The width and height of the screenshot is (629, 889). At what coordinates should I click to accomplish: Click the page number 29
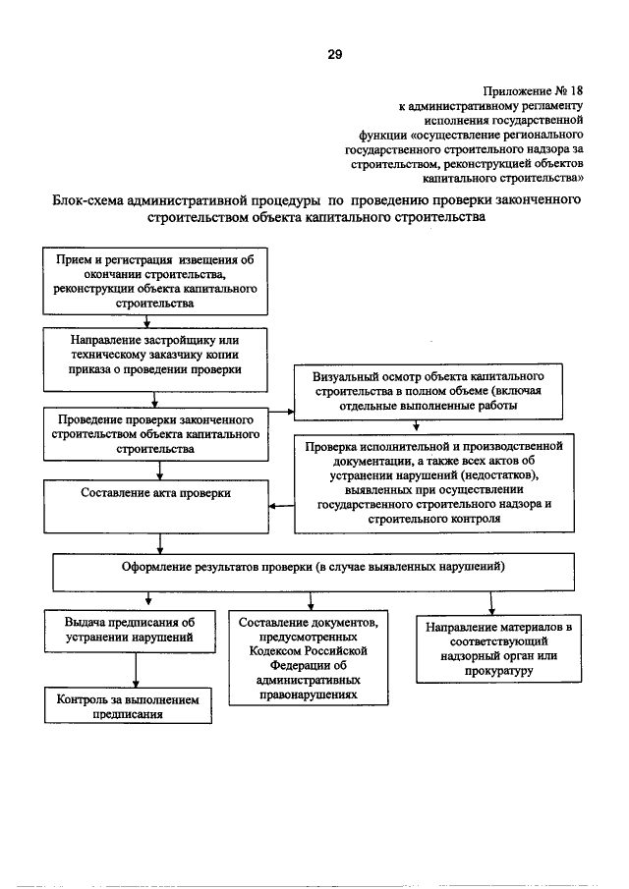334,54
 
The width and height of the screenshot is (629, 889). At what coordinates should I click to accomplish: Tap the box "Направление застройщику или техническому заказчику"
149,355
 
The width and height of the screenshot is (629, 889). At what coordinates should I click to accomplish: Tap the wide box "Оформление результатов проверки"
313,567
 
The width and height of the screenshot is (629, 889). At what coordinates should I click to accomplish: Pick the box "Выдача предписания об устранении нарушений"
130,631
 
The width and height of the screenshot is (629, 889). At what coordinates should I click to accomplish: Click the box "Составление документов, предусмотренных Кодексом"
311,656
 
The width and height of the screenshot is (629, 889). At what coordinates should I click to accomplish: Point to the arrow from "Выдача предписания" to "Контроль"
136,670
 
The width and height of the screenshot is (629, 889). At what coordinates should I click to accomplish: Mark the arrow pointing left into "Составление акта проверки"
282,506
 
